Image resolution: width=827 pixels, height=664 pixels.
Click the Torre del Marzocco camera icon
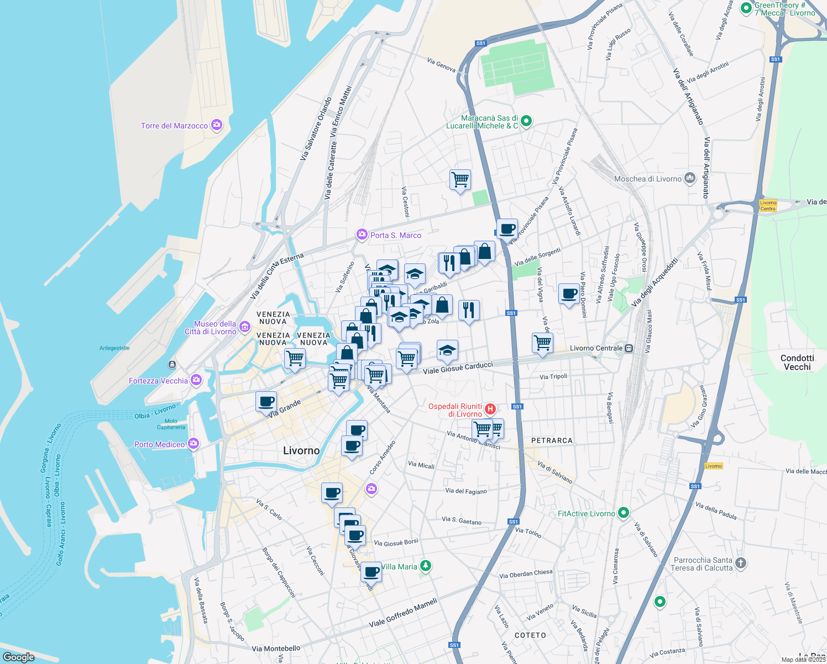(217, 125)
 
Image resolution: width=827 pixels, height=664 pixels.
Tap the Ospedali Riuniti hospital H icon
(490, 409)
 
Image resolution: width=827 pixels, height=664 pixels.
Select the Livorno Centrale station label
(596, 349)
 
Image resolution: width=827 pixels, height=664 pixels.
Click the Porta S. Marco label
(395, 235)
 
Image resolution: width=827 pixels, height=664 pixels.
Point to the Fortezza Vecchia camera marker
(196, 380)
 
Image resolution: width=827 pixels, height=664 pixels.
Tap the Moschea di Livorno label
(647, 179)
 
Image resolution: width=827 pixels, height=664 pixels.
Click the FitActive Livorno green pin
(624, 513)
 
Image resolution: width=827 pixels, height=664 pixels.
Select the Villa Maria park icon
(425, 566)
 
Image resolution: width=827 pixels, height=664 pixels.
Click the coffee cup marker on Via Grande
(266, 401)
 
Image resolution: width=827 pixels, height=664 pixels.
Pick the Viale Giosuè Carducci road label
(458, 367)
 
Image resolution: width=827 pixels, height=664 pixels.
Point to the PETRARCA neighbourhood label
(552, 440)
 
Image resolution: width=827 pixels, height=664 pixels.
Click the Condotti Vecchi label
(797, 362)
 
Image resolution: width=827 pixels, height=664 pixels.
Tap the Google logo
(19, 657)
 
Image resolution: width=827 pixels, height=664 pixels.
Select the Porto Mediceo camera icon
(193, 444)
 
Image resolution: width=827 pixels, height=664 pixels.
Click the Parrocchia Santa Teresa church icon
(741, 563)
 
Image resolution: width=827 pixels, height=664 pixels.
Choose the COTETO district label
(530, 635)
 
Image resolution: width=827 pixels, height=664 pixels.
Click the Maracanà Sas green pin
(526, 121)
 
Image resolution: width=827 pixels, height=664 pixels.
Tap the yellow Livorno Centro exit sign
(768, 205)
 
